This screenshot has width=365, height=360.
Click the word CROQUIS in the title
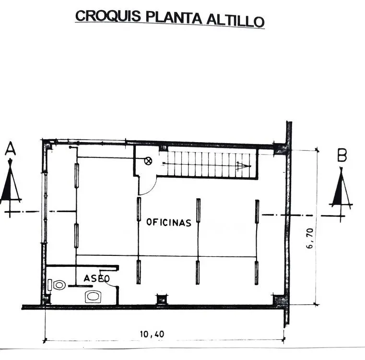(x=108, y=16)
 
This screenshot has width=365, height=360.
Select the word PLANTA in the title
(x=174, y=18)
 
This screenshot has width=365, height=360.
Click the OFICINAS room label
(x=169, y=222)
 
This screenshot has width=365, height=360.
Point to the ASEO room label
(x=96, y=278)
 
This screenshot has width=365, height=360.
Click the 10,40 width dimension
(x=152, y=335)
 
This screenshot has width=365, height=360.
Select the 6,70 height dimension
(x=310, y=238)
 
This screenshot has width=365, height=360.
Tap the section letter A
(x=10, y=149)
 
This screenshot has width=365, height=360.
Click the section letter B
(x=342, y=155)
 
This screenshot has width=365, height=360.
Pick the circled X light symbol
(x=148, y=161)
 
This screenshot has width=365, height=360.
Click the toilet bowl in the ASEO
(x=59, y=285)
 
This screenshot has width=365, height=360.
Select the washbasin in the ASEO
(x=94, y=297)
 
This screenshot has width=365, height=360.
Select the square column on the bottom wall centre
(x=162, y=300)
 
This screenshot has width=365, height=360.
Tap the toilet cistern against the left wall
(x=50, y=285)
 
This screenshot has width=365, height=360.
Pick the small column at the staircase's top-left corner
(x=164, y=148)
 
